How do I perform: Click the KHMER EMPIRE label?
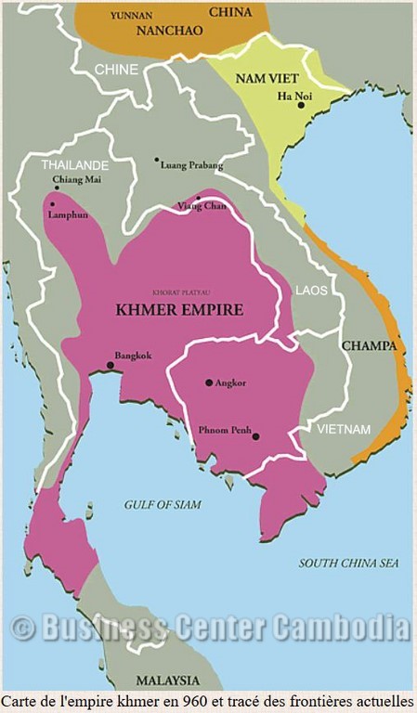point(179,310)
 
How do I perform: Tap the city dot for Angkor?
point(209,382)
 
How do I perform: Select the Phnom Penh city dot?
point(256,436)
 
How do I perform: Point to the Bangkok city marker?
point(111,365)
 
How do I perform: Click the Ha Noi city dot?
point(301,105)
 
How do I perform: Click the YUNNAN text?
point(131,15)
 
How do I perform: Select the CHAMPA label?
point(369,345)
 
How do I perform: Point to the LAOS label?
point(311,291)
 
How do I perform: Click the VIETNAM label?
point(343,430)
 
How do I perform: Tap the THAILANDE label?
point(75,164)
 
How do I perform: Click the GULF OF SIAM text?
point(163,504)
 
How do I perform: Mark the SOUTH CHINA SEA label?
point(349,564)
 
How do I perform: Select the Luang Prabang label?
point(192,165)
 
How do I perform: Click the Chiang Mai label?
point(77,178)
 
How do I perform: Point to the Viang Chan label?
point(202,206)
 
